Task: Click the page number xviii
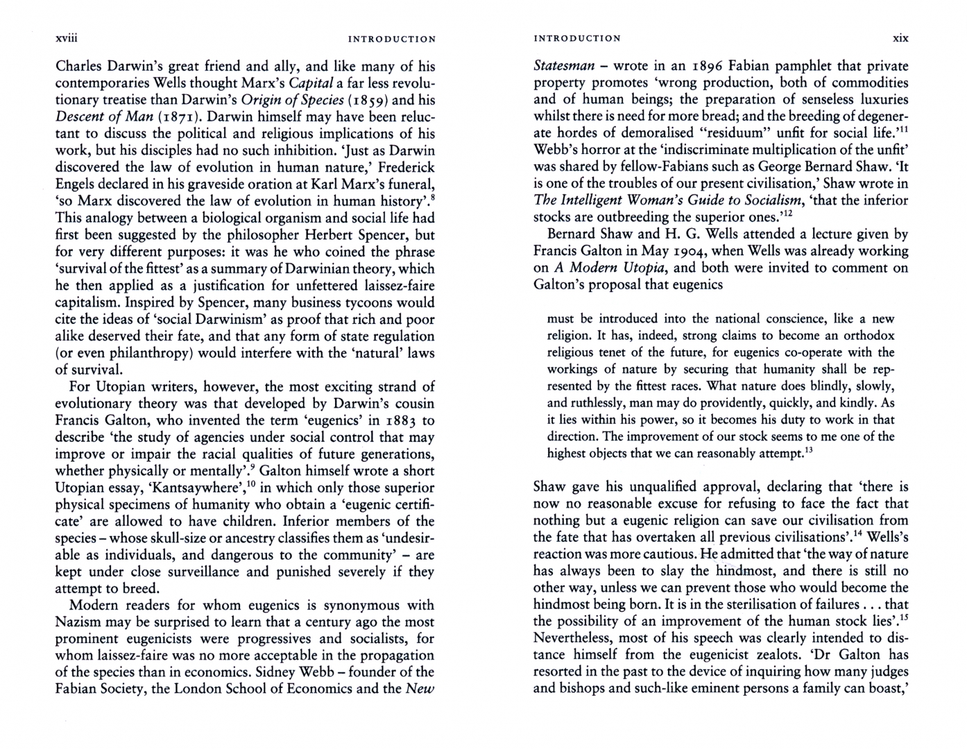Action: pos(65,38)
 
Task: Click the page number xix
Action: pos(900,38)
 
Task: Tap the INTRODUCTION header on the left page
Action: pos(392,39)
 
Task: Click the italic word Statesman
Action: pos(564,67)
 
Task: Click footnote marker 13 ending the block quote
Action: pos(808,450)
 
